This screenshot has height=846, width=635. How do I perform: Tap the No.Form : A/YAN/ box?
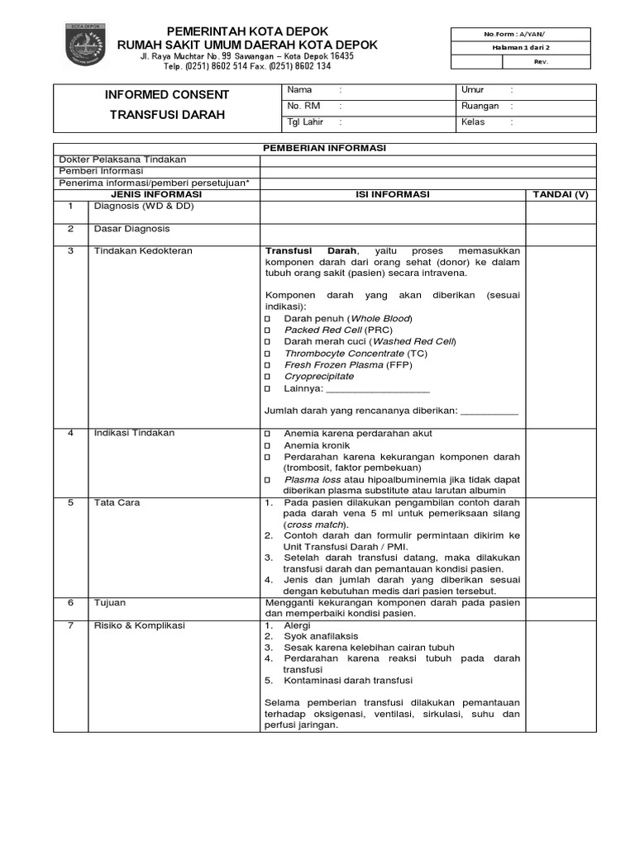click(x=520, y=34)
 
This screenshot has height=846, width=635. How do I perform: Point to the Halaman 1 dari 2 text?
click(x=520, y=48)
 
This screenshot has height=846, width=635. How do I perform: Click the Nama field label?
click(x=299, y=90)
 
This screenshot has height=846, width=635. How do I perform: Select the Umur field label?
click(x=473, y=90)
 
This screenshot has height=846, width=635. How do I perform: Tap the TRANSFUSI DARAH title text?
click(x=167, y=115)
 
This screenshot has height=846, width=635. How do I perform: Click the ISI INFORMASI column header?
click(x=393, y=194)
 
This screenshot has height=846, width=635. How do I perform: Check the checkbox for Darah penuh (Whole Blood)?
click(x=268, y=319)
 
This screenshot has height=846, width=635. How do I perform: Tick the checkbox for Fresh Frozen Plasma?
click(x=268, y=365)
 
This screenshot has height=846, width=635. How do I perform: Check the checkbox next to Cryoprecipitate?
click(x=268, y=377)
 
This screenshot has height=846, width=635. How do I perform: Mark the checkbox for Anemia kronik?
click(x=268, y=445)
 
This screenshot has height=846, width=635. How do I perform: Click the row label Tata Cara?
click(x=117, y=502)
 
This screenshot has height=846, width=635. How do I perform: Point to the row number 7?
click(x=71, y=625)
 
